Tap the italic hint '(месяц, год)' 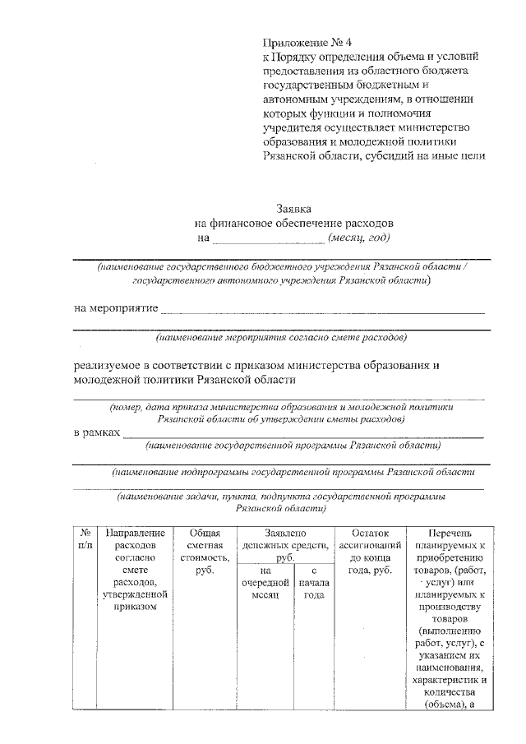[358, 238]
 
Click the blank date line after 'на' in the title [269, 240]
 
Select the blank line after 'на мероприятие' [321, 311]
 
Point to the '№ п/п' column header [85, 538]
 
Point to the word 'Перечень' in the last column [450, 533]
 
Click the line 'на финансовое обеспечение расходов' [294, 223]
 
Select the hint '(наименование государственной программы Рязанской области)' [292, 446]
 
